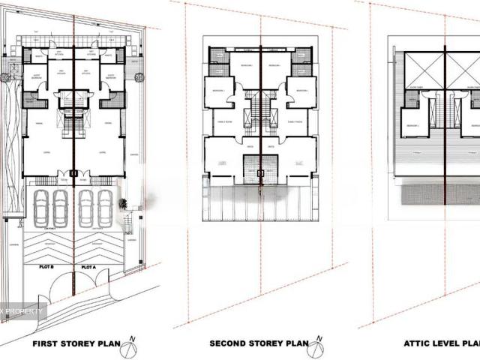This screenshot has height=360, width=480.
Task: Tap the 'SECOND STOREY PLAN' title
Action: pyautogui.click(x=258, y=345)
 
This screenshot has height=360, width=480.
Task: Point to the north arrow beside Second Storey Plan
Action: pyautogui.click(x=319, y=346)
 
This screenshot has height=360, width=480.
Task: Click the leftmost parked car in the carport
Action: pyautogui.click(x=40, y=208)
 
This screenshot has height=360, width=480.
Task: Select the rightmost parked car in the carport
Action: pyautogui.click(x=106, y=208)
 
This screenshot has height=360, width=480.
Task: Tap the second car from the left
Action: pyautogui.click(x=60, y=208)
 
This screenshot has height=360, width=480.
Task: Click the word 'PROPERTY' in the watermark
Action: pyautogui.click(x=26, y=310)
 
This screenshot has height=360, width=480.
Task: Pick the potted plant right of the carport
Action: pyautogui.click(x=122, y=203)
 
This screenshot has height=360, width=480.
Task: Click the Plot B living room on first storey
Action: pyautogui.click(x=48, y=157)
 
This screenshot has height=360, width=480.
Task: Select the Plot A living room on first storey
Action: pyautogui.click(x=98, y=157)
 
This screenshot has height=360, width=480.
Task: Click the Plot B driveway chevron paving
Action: pyautogui.click(x=48, y=244)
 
